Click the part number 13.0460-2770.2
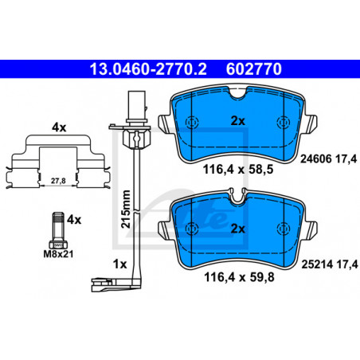point(148,69)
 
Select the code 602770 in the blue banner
point(254,69)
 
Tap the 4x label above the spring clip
point(59,127)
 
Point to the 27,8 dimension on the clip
point(58,181)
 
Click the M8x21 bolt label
point(58,254)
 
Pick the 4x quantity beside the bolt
point(74,220)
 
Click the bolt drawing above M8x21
point(58,230)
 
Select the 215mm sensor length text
point(126,209)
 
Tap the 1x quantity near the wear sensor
point(120,264)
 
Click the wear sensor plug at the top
point(137,106)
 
